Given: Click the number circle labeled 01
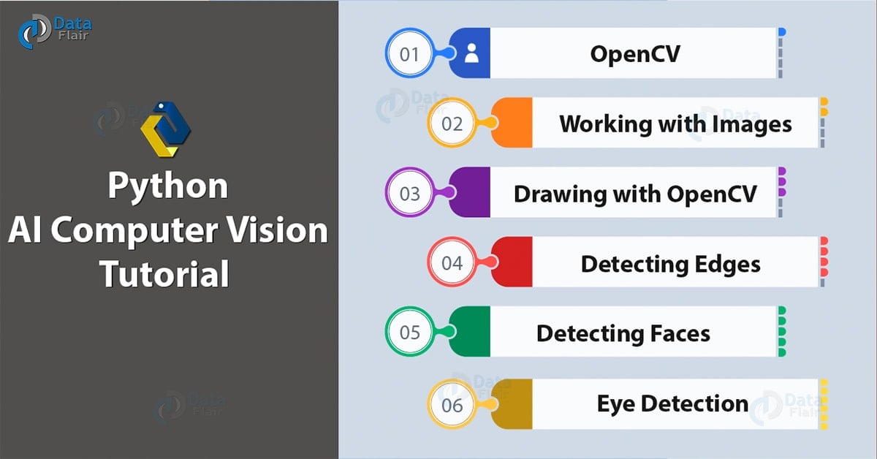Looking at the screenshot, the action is click(410, 53).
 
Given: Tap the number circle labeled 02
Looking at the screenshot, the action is click(452, 124).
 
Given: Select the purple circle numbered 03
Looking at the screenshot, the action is click(410, 193).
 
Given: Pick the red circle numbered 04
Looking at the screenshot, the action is click(452, 263).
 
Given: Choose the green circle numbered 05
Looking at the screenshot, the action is click(410, 333).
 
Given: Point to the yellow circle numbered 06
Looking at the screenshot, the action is click(452, 403).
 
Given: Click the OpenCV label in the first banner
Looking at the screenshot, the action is click(634, 53).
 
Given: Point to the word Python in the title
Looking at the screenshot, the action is click(167, 186).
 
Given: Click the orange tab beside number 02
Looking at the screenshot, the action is click(512, 124).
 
